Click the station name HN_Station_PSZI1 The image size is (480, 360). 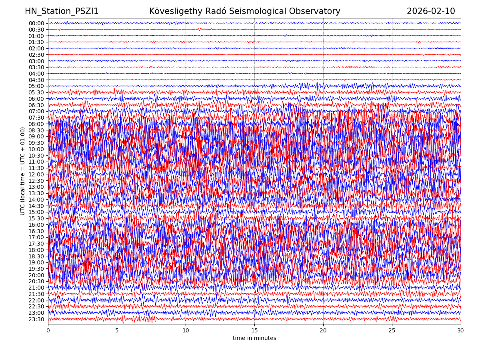62,11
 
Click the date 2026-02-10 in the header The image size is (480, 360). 431,11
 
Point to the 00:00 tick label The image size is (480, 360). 36,23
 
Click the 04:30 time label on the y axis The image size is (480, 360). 36,80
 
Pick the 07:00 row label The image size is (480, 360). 36,111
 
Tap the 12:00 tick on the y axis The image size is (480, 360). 36,174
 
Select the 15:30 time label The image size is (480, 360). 36,218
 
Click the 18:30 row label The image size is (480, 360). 36,256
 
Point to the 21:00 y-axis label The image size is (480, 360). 36,288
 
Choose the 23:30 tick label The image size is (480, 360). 36,319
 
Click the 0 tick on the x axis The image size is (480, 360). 48,331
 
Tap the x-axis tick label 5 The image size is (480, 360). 117,331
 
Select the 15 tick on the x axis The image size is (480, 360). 254,331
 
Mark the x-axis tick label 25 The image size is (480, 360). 392,331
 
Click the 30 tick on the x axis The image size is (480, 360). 461,331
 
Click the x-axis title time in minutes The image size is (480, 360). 254,338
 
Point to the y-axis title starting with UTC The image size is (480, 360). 23,171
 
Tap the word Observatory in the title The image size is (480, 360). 320,11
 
